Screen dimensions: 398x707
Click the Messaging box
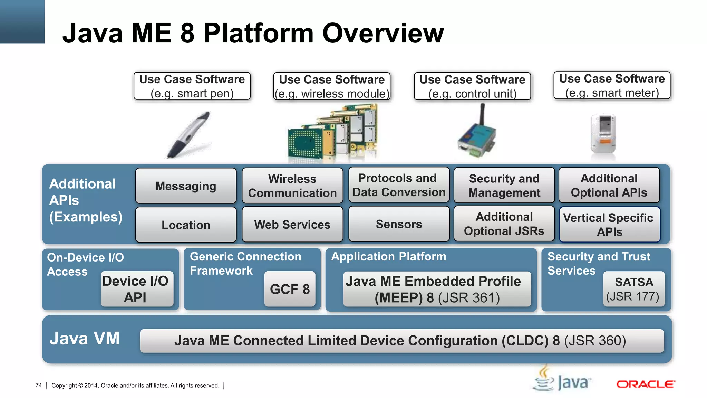coord(186,186)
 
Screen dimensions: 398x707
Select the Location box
coord(186,225)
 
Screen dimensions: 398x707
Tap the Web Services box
coord(292,225)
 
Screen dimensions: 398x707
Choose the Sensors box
coord(399,224)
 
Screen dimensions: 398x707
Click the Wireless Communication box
coord(292,186)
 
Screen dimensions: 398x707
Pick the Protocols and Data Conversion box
coord(399,185)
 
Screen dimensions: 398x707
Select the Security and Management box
coord(504,186)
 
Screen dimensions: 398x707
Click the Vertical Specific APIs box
coord(609,225)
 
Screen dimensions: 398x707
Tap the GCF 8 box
coord(290,289)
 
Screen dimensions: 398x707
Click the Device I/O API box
coord(137,289)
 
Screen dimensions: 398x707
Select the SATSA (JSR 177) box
coord(633,289)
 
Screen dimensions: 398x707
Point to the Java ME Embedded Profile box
coord(437,289)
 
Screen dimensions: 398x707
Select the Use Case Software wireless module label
coord(332,86)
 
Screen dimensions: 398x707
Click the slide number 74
coord(38,385)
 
